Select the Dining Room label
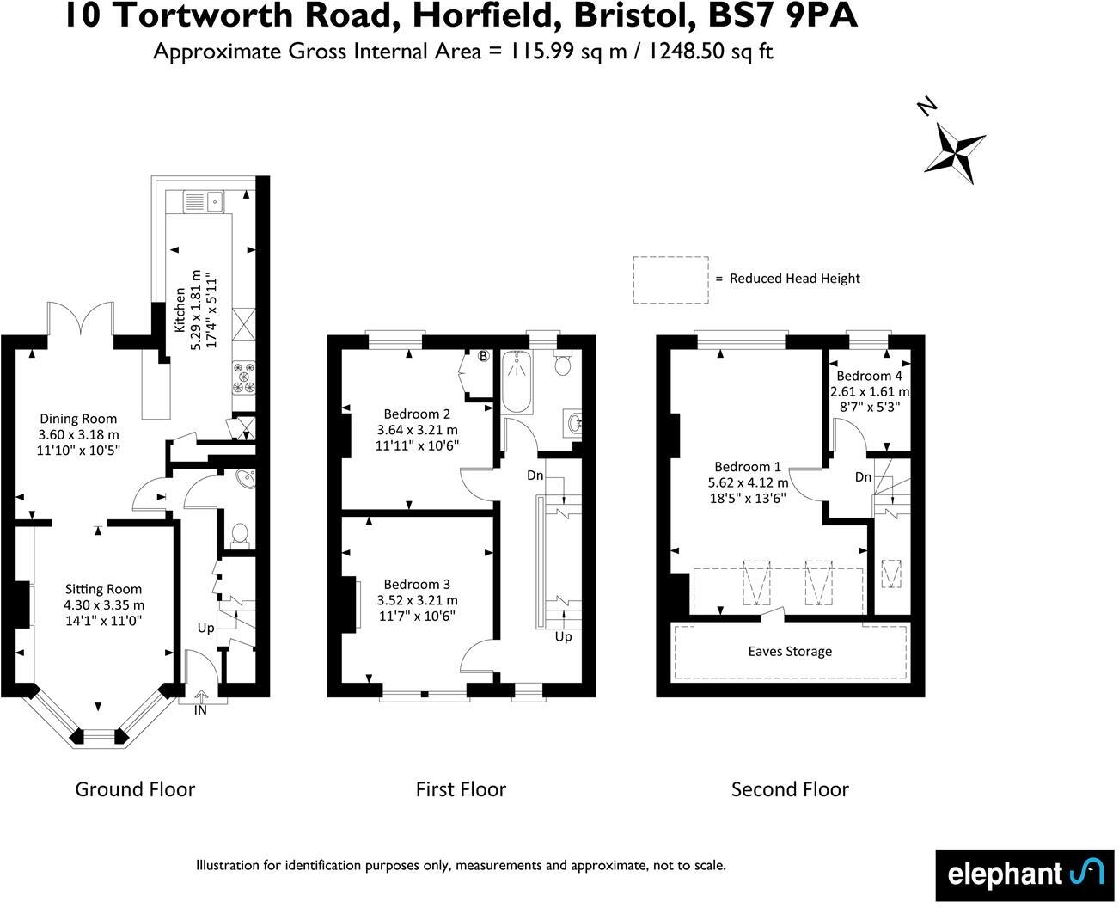click(x=78, y=434)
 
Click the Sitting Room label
click(x=104, y=604)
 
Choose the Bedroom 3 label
click(x=417, y=599)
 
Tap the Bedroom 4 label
click(x=869, y=390)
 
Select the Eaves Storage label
click(x=790, y=651)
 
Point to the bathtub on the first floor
click(x=517, y=383)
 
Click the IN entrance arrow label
click(x=201, y=710)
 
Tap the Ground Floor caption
click(x=135, y=789)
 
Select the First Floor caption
click(x=461, y=789)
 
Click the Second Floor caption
click(x=790, y=789)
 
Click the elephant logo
click(x=1025, y=875)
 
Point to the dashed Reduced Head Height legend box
click(x=670, y=279)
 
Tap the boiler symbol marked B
click(x=483, y=356)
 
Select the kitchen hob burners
click(x=242, y=379)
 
